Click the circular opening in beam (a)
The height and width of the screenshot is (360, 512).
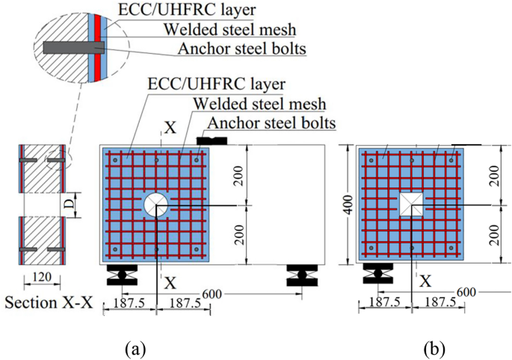point(156,205)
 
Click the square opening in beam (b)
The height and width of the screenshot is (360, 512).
point(413,205)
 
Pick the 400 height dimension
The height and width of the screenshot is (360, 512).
point(346,205)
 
